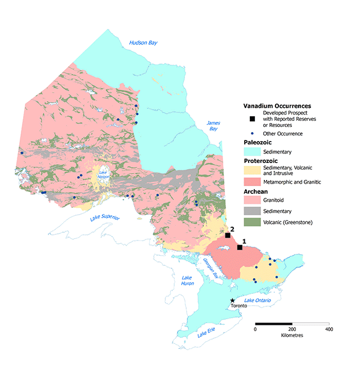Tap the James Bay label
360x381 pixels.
(213, 125)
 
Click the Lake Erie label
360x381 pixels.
(206, 334)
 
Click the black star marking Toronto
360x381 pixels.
(232, 301)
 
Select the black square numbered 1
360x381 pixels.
(240, 247)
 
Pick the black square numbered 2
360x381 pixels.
(228, 235)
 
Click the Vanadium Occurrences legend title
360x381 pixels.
(277, 106)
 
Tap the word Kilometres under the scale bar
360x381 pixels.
(292, 335)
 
